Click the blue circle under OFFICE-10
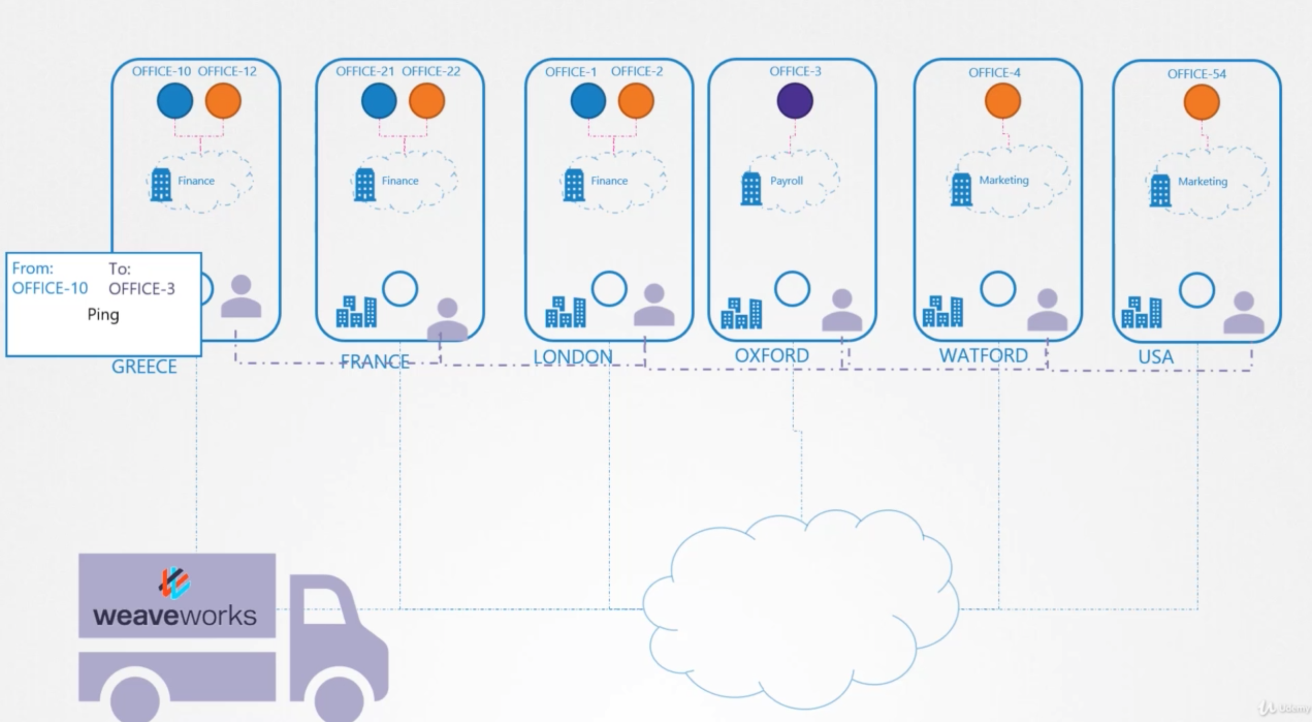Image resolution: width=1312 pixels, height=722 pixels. (175, 101)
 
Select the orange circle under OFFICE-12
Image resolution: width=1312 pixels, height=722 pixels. (223, 101)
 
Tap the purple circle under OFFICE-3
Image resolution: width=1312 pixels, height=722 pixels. (795, 101)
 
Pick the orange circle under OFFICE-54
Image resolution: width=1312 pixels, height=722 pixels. (1201, 102)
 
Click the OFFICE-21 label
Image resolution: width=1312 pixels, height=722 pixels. (364, 71)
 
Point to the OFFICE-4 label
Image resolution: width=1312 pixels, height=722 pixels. (994, 73)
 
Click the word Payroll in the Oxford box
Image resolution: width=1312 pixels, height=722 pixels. (786, 181)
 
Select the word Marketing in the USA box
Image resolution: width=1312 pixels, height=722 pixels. (1202, 182)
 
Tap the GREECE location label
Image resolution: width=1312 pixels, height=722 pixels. (144, 367)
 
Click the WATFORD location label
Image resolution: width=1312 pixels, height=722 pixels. (983, 356)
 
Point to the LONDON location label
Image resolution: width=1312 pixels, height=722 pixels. (572, 357)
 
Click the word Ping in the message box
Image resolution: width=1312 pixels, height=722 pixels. (103, 315)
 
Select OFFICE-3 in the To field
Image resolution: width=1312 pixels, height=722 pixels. (141, 289)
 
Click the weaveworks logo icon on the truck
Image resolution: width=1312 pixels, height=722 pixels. (175, 582)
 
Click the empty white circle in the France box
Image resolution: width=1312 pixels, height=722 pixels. (400, 289)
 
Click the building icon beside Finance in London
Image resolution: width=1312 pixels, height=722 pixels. (573, 185)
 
